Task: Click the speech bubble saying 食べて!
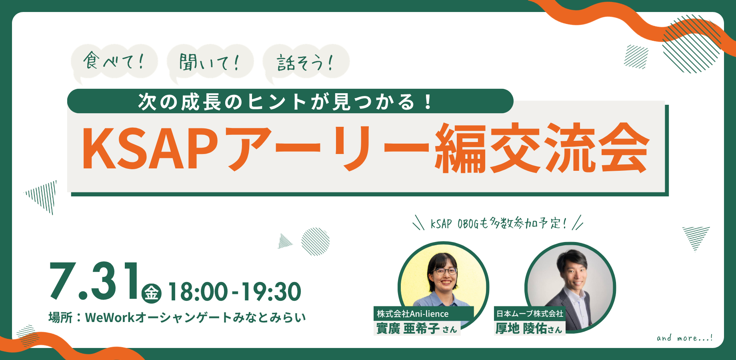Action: tap(114, 62)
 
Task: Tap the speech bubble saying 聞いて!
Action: tap(210, 62)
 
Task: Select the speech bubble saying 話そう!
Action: tap(306, 62)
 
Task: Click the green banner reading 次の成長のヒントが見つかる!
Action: tap(290, 101)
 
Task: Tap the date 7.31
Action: tap(94, 281)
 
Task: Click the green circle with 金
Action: tap(152, 293)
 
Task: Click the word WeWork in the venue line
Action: tap(110, 318)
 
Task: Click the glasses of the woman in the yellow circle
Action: tap(444, 271)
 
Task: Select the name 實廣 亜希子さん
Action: tap(416, 328)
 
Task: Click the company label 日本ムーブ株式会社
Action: tap(530, 314)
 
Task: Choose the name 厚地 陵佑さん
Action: tap(529, 328)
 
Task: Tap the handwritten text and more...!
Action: tap(684, 338)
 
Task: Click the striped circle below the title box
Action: tap(315, 242)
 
